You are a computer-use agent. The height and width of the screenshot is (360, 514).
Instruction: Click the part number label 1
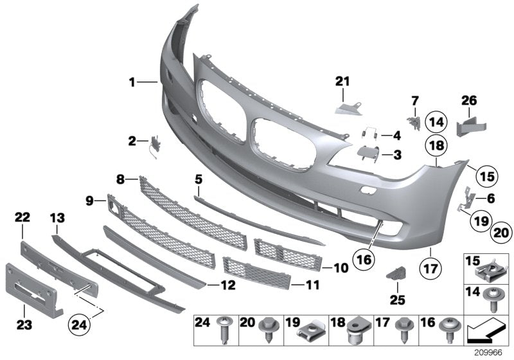(132, 82)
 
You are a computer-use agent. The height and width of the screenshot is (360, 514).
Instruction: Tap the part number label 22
(22, 219)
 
